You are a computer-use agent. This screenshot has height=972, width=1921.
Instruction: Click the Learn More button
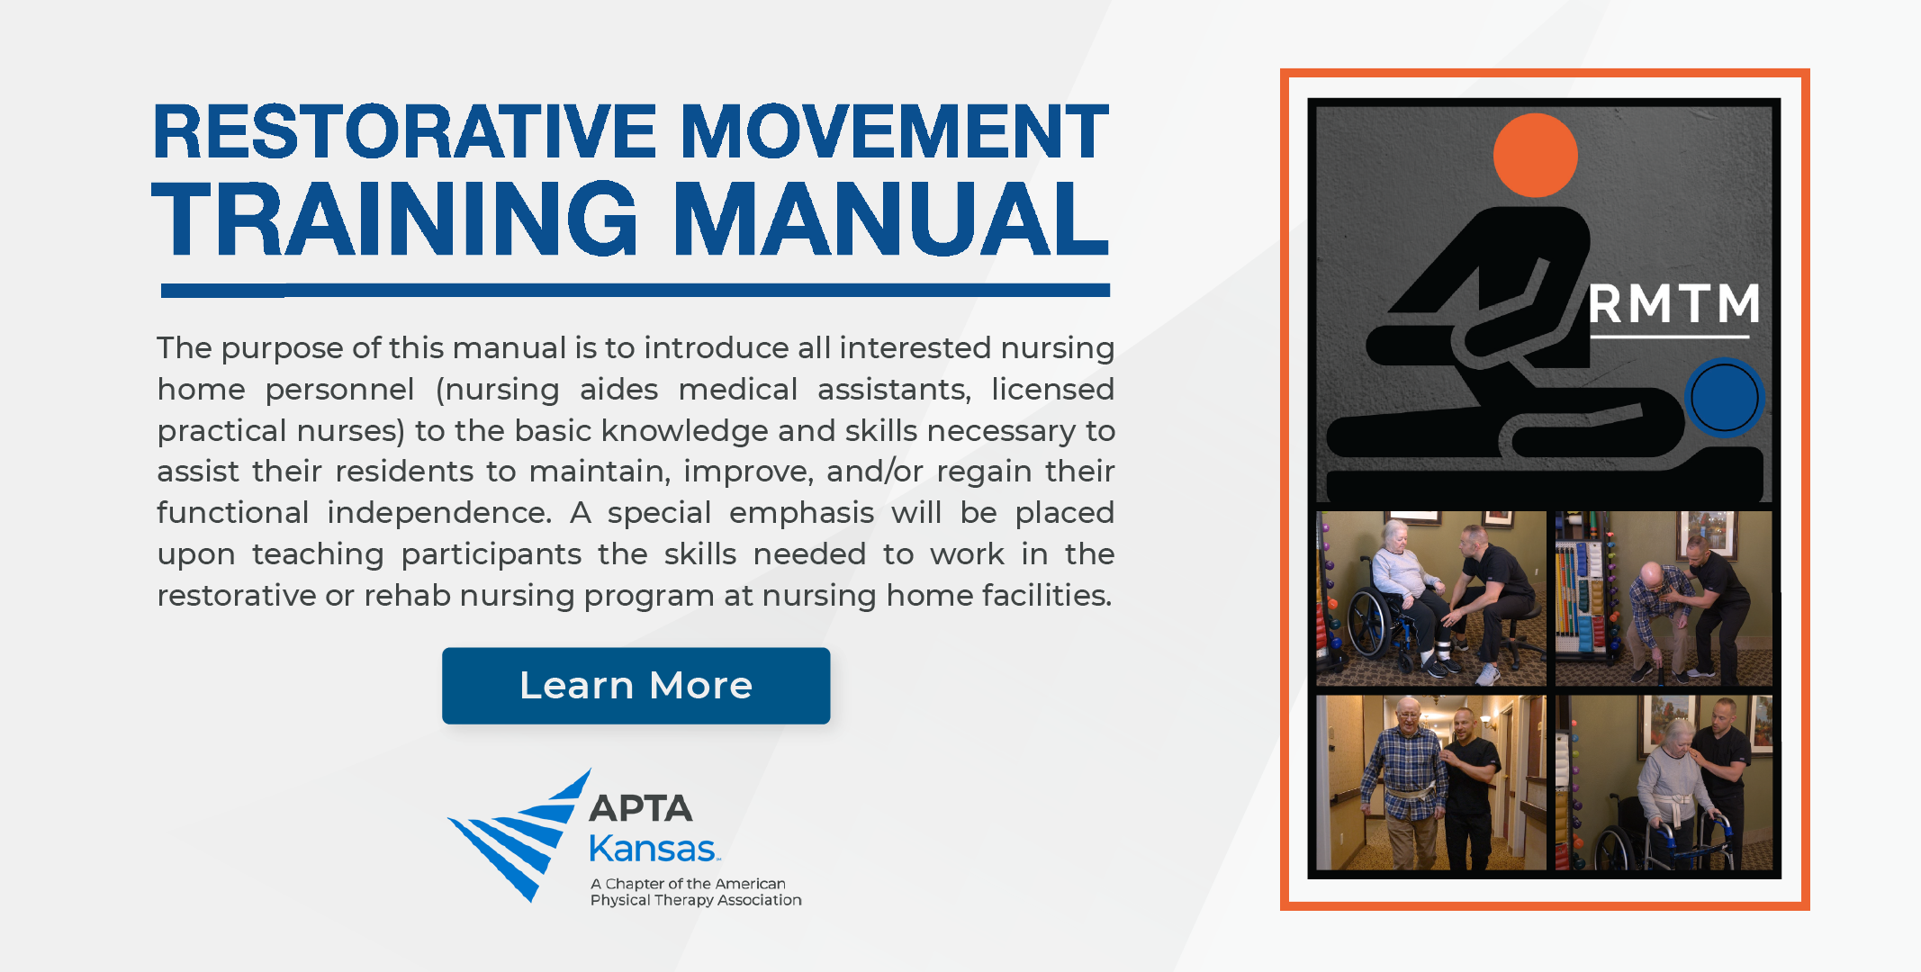(636, 686)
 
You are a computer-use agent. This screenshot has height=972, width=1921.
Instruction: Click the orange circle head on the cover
(1535, 155)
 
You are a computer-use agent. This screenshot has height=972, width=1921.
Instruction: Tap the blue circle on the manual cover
(1724, 397)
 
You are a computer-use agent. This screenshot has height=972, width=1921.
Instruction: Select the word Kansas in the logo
(653, 849)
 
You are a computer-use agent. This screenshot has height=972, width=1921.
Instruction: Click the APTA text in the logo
(641, 808)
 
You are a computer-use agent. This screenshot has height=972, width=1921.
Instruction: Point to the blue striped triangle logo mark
(519, 834)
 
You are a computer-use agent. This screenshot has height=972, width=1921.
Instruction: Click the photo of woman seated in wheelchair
(1430, 598)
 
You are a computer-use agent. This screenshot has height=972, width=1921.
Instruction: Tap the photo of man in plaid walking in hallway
(1430, 782)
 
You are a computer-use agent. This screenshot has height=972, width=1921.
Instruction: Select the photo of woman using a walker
(1664, 782)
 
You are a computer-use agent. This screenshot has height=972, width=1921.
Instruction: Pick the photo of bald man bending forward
(1664, 598)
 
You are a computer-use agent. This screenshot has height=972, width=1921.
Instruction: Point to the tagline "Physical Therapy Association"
(696, 900)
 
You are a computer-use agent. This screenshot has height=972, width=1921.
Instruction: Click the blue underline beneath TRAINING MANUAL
(636, 290)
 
